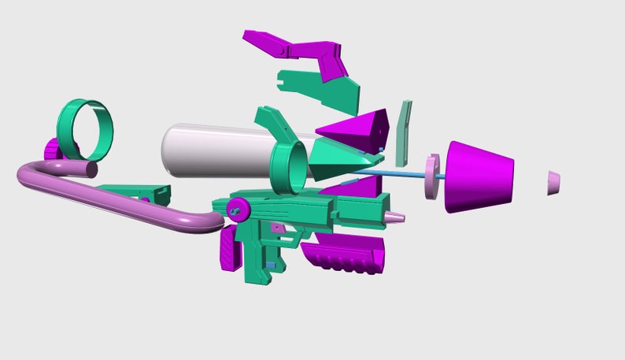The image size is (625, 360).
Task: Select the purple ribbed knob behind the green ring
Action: click(x=51, y=150)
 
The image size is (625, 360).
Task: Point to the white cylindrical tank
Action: click(x=213, y=150)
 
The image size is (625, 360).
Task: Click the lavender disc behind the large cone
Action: click(x=432, y=176)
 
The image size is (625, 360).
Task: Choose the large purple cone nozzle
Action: click(x=479, y=176)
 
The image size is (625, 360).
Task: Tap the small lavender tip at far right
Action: click(x=555, y=182)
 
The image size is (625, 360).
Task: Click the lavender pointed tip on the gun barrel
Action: click(x=394, y=215)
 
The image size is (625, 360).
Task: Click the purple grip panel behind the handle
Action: click(x=230, y=249)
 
